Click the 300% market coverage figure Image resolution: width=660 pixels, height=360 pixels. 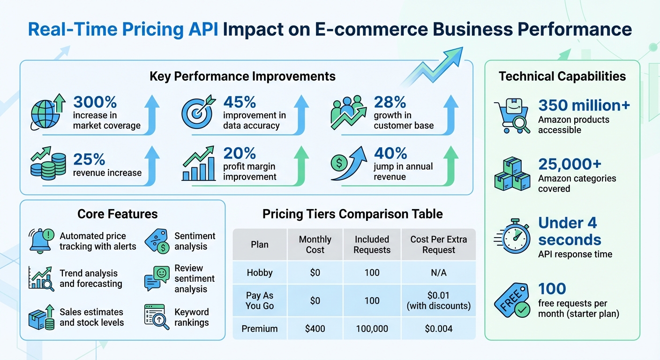click(x=95, y=102)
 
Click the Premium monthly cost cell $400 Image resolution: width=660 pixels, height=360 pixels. click(x=315, y=329)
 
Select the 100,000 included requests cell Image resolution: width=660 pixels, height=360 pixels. click(x=372, y=329)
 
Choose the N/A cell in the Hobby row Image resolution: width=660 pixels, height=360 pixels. click(x=439, y=272)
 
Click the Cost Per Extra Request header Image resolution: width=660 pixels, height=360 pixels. click(x=439, y=245)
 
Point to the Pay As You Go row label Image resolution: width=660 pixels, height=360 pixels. click(x=260, y=300)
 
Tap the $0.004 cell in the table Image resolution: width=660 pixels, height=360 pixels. click(x=439, y=329)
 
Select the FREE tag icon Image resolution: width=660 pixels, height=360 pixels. click(x=512, y=300)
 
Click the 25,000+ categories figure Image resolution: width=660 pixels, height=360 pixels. click(x=570, y=164)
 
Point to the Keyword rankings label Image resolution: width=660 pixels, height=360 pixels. click(x=192, y=317)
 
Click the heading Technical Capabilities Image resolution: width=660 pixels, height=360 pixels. click(x=562, y=76)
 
